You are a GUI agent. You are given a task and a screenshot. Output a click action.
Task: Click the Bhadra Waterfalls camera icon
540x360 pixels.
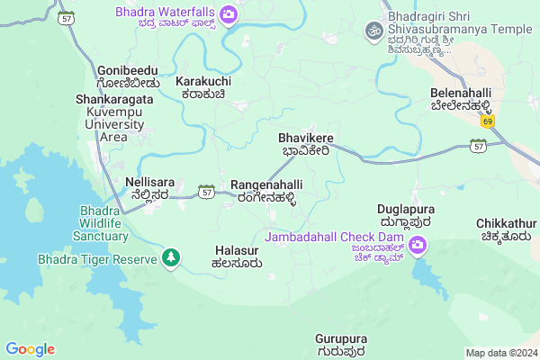coord(229,13)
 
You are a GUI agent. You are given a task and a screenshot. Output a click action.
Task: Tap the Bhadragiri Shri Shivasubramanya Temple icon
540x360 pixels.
coord(373,31)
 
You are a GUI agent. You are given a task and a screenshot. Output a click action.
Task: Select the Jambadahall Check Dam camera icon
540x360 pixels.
coord(418,244)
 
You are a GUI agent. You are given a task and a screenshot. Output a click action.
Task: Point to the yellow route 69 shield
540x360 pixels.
coord(487,121)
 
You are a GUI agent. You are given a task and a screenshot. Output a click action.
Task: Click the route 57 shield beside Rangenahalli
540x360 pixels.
coord(207,192)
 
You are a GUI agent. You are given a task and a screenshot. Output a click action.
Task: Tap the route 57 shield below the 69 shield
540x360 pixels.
coord(478,145)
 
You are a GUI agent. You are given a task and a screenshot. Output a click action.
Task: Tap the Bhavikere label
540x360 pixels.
coord(306,144)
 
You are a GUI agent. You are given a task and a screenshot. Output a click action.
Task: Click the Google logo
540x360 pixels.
coord(30,349)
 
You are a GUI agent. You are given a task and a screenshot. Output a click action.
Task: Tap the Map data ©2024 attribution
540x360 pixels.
coord(500,353)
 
